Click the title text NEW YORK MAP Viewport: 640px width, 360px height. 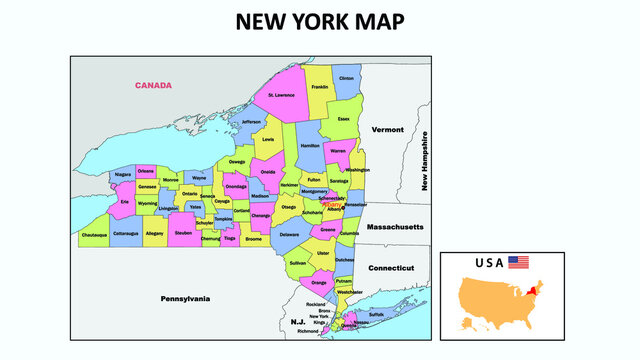(x=320, y=22)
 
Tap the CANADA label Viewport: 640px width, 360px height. (x=153, y=85)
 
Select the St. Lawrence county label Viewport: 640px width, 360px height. (x=281, y=96)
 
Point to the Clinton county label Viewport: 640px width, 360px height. (x=347, y=78)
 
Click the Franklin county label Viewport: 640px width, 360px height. (x=319, y=87)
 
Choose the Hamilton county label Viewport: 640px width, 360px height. (x=310, y=146)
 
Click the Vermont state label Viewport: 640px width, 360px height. (x=387, y=130)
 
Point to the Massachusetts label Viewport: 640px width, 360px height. (x=396, y=227)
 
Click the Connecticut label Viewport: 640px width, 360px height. (x=391, y=268)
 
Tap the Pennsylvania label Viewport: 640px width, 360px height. (x=186, y=298)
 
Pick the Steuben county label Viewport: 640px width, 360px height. (x=183, y=232)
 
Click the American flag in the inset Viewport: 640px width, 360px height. (x=518, y=262)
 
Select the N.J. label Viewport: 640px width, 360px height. (x=297, y=322)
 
